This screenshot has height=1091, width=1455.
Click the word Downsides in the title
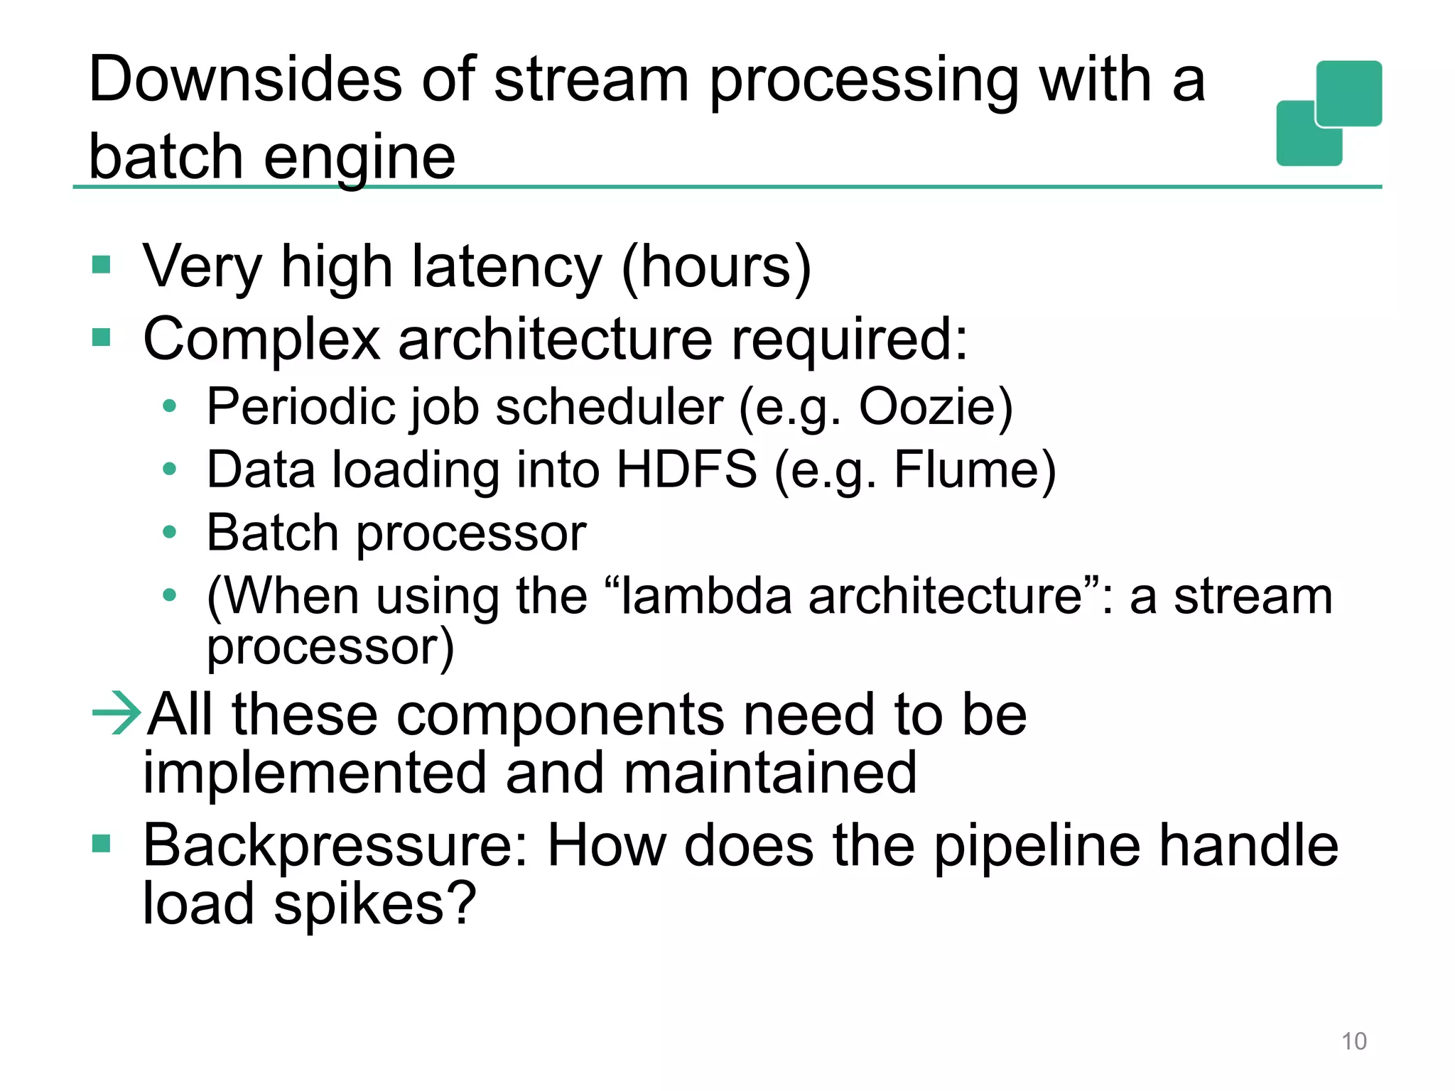pyautogui.click(x=246, y=80)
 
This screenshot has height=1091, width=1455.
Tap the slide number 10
pyautogui.click(x=1353, y=1041)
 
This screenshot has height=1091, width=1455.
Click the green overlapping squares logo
pyautogui.click(x=1329, y=114)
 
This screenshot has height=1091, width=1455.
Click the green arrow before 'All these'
pyautogui.click(x=117, y=712)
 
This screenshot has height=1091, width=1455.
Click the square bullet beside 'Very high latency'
pyautogui.click(x=102, y=265)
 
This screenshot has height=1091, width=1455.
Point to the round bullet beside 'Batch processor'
pyautogui.click(x=169, y=532)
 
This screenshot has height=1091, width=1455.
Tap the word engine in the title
pyautogui.click(x=359, y=158)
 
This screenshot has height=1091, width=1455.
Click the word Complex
pyautogui.click(x=261, y=340)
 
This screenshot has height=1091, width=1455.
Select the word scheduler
pyautogui.click(x=609, y=407)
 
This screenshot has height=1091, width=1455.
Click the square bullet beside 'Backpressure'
pyautogui.click(x=102, y=844)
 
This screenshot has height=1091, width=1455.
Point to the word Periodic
pyautogui.click(x=301, y=407)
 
